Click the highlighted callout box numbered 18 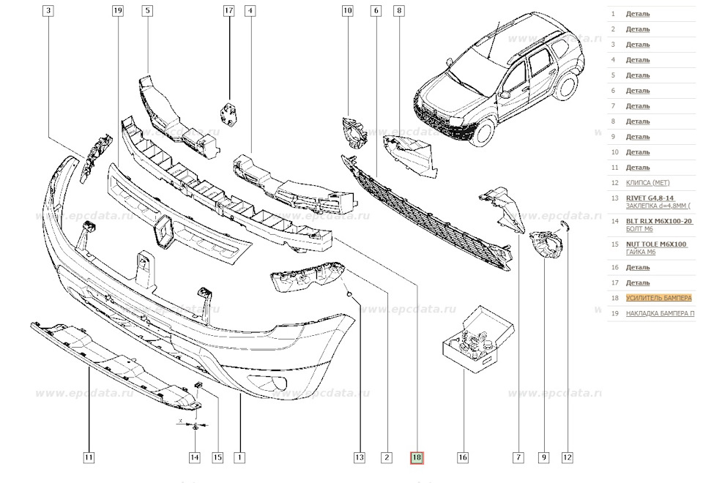tap(416, 458)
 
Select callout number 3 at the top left tap(48, 11)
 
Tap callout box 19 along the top tap(118, 11)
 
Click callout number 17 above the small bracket tap(228, 11)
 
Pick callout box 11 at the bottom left tap(89, 458)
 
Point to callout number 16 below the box tap(463, 458)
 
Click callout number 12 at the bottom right tap(567, 458)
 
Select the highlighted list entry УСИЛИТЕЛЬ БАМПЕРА tap(658, 298)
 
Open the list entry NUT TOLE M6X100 tap(656, 244)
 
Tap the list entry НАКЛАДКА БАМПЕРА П tap(660, 313)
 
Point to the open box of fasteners tap(472, 337)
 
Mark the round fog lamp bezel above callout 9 tap(546, 244)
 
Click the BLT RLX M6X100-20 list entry tap(658, 220)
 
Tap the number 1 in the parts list tap(613, 14)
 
